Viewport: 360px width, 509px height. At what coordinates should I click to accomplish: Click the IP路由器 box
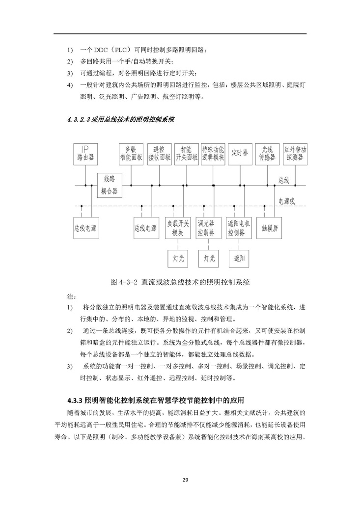[x=84, y=154]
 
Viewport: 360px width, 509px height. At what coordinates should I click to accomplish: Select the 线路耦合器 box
[x=109, y=185]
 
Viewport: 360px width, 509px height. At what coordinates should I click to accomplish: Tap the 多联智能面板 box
[x=131, y=154]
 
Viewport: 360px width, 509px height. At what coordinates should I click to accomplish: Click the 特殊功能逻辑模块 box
[x=213, y=154]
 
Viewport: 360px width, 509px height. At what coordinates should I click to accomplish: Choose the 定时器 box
[x=240, y=154]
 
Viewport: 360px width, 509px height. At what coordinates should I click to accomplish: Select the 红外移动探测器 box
[x=295, y=154]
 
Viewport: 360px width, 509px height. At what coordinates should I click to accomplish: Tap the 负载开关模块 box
[x=178, y=228]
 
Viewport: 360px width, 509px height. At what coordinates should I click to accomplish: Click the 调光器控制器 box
[x=206, y=228]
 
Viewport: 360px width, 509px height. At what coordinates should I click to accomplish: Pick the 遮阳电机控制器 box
[x=239, y=228]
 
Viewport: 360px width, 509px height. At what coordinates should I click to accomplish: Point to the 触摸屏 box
[x=270, y=228]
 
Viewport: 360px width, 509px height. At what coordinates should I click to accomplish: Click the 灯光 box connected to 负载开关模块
[x=178, y=258]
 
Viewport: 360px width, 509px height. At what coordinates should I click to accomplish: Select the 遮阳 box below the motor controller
[x=239, y=258]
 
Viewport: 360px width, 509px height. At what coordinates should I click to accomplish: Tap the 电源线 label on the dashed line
[x=286, y=201]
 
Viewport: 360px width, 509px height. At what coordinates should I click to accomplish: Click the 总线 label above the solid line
[x=284, y=180]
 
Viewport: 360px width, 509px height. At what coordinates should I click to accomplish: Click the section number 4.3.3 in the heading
[x=75, y=400]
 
